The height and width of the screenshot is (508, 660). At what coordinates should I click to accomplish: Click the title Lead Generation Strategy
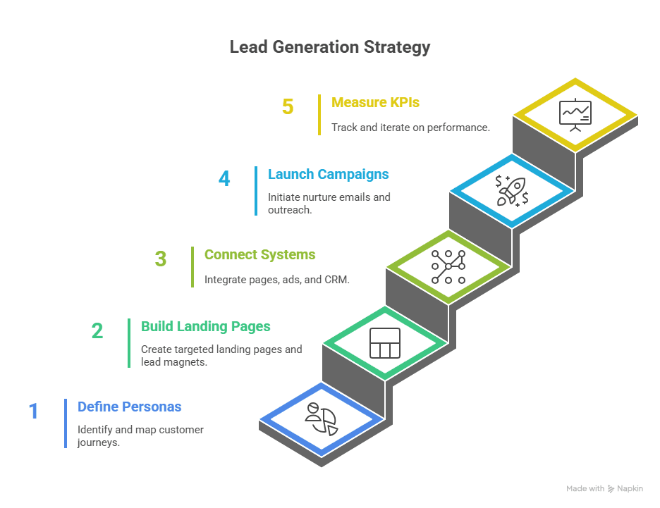point(329,48)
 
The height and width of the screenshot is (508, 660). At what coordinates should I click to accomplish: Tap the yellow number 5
point(288,107)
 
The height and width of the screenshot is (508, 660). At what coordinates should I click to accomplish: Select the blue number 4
point(224,179)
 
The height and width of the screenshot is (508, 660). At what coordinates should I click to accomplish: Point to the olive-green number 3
point(161,259)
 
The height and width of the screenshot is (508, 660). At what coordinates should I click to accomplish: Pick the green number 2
point(97,331)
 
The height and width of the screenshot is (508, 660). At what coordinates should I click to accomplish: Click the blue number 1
point(34,411)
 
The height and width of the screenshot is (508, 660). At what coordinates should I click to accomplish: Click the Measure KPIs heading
point(375,103)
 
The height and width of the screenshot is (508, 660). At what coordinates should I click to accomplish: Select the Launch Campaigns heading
point(328,175)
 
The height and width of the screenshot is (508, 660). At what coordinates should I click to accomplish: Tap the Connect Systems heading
point(259,255)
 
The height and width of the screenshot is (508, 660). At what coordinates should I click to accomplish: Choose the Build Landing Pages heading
point(206,327)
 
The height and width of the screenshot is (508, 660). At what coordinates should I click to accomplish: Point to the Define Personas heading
point(129,407)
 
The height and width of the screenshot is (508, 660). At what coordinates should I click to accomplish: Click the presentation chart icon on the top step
point(575,114)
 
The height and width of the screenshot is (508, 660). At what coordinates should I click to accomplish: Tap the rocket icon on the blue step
point(512,190)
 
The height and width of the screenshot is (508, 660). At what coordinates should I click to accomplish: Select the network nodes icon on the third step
point(448,266)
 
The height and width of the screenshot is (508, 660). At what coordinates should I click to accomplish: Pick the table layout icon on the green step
point(385,343)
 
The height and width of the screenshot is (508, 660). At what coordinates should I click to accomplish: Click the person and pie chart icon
point(321,420)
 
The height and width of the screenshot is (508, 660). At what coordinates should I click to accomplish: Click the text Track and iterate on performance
point(411,128)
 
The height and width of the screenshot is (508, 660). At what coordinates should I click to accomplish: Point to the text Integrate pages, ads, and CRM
point(277,280)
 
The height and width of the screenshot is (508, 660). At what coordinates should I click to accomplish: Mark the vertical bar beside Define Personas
point(66,423)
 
